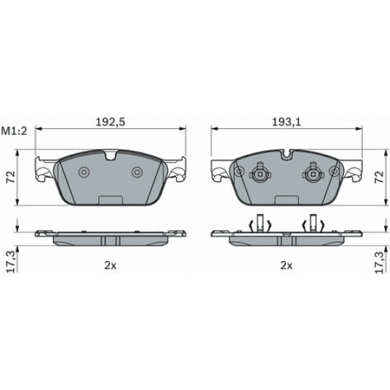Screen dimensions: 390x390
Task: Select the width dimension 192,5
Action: (x=111, y=122)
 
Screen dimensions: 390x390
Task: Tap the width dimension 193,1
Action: (x=285, y=122)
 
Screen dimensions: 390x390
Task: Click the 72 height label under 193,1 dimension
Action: (x=379, y=176)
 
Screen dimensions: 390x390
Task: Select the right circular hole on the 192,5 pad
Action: (x=137, y=172)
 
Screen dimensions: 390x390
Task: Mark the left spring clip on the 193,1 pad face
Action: (x=258, y=174)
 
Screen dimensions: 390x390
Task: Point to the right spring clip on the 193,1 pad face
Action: (x=313, y=174)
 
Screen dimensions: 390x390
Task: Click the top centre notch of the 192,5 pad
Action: (x=111, y=155)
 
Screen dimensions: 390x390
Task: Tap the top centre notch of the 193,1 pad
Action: (x=286, y=155)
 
